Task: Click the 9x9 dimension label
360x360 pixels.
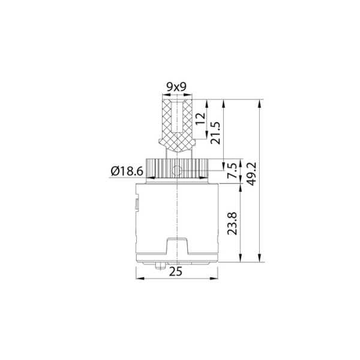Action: (176, 88)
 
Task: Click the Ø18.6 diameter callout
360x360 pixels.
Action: (126, 172)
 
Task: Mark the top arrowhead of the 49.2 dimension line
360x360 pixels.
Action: (259, 103)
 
